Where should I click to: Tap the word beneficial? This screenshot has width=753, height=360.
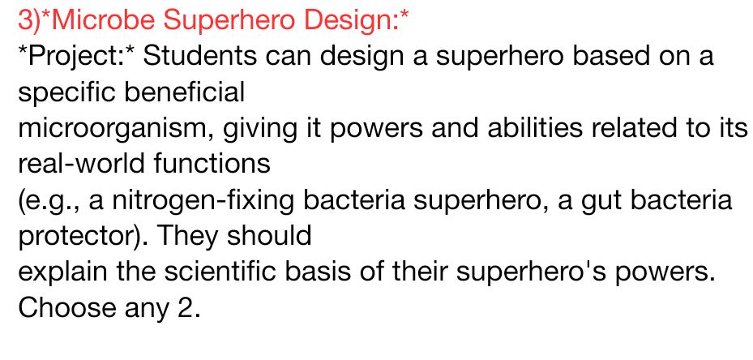click(x=174, y=92)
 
